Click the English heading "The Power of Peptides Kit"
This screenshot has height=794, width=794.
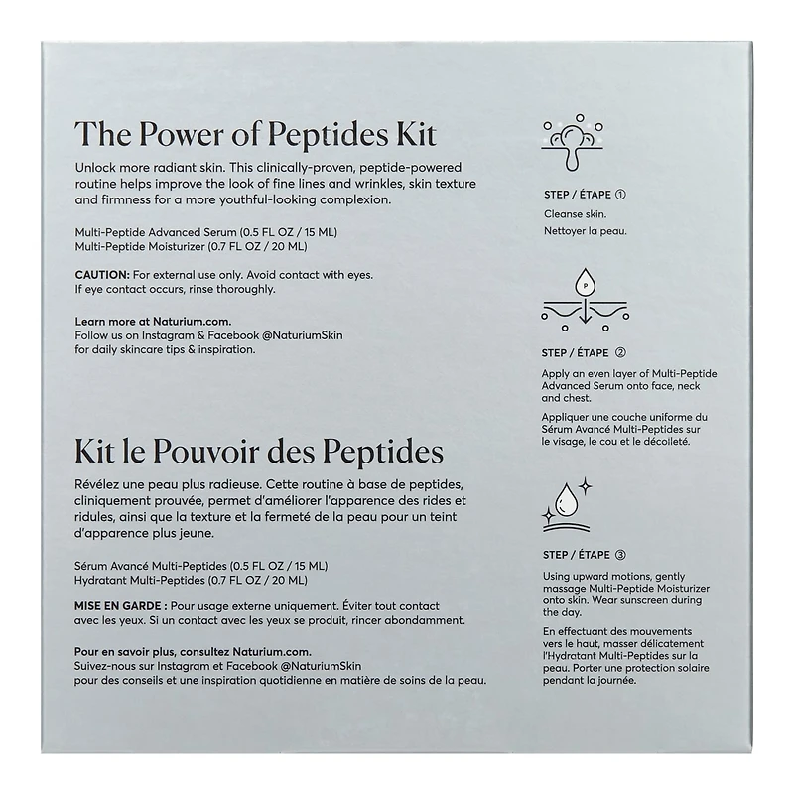(x=256, y=135)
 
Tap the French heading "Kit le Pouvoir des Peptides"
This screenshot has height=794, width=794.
(x=258, y=453)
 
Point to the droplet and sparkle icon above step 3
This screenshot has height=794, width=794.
(x=573, y=501)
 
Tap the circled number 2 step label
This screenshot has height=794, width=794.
(x=620, y=352)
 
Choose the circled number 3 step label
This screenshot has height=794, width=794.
(x=620, y=555)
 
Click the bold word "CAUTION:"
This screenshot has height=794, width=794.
(x=102, y=273)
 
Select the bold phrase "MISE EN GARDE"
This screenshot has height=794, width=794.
(x=118, y=605)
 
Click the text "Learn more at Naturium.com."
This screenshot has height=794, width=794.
(x=153, y=321)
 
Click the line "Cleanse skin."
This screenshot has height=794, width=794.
(x=575, y=213)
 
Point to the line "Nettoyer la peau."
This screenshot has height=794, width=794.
(x=586, y=231)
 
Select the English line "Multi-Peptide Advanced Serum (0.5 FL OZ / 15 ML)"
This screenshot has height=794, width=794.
(x=198, y=232)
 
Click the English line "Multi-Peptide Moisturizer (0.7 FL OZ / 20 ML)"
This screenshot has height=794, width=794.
(x=191, y=246)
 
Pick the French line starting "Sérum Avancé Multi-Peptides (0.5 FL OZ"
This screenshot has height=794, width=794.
(x=200, y=566)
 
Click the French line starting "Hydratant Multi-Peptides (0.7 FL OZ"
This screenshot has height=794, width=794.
(x=191, y=580)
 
